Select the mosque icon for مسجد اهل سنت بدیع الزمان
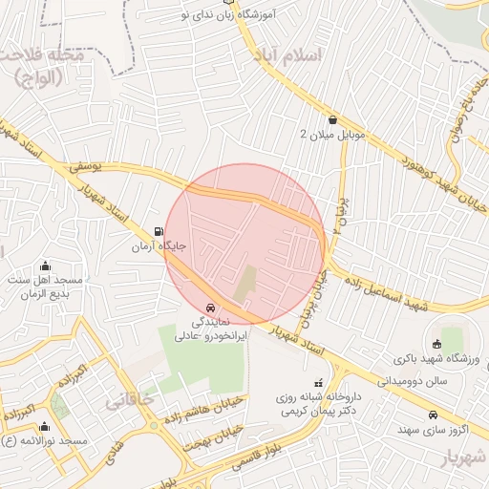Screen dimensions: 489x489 (x=46, y=266)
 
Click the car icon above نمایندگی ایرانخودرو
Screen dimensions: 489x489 (x=210, y=308)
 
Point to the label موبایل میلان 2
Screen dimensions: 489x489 (x=331, y=135)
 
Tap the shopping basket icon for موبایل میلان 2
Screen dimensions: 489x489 (x=331, y=120)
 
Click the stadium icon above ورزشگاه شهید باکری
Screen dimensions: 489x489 (x=437, y=344)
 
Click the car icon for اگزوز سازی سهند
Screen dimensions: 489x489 (x=434, y=415)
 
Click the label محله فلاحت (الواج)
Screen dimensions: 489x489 (x=43, y=68)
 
